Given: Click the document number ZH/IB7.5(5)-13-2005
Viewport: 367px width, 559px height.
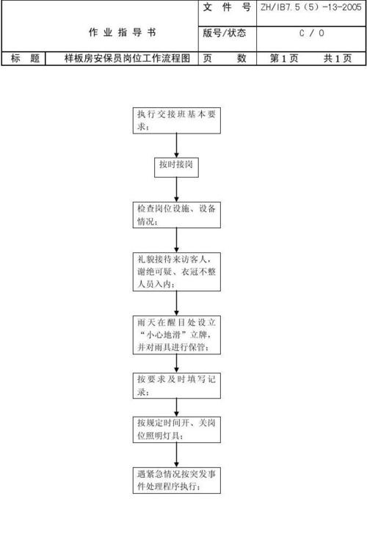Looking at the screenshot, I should (310, 9).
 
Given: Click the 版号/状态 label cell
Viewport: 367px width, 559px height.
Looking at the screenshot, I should (225, 33).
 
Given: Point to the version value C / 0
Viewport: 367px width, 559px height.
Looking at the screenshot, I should (310, 33).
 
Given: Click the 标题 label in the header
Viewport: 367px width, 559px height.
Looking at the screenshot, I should (25, 59).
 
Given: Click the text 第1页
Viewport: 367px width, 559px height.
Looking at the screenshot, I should (284, 59).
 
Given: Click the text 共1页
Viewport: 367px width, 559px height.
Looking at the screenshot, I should (337, 59).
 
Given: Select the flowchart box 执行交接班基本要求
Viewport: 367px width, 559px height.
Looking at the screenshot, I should (176, 121).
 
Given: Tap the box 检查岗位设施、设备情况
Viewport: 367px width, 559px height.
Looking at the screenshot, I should (176, 214).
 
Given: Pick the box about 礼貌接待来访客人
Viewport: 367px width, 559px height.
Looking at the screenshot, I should (176, 271).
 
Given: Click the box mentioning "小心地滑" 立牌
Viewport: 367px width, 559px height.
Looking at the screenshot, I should (176, 335).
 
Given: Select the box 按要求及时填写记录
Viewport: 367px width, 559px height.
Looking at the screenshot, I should (176, 385).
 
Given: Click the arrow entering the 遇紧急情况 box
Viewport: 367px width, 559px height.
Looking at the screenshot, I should (176, 455).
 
